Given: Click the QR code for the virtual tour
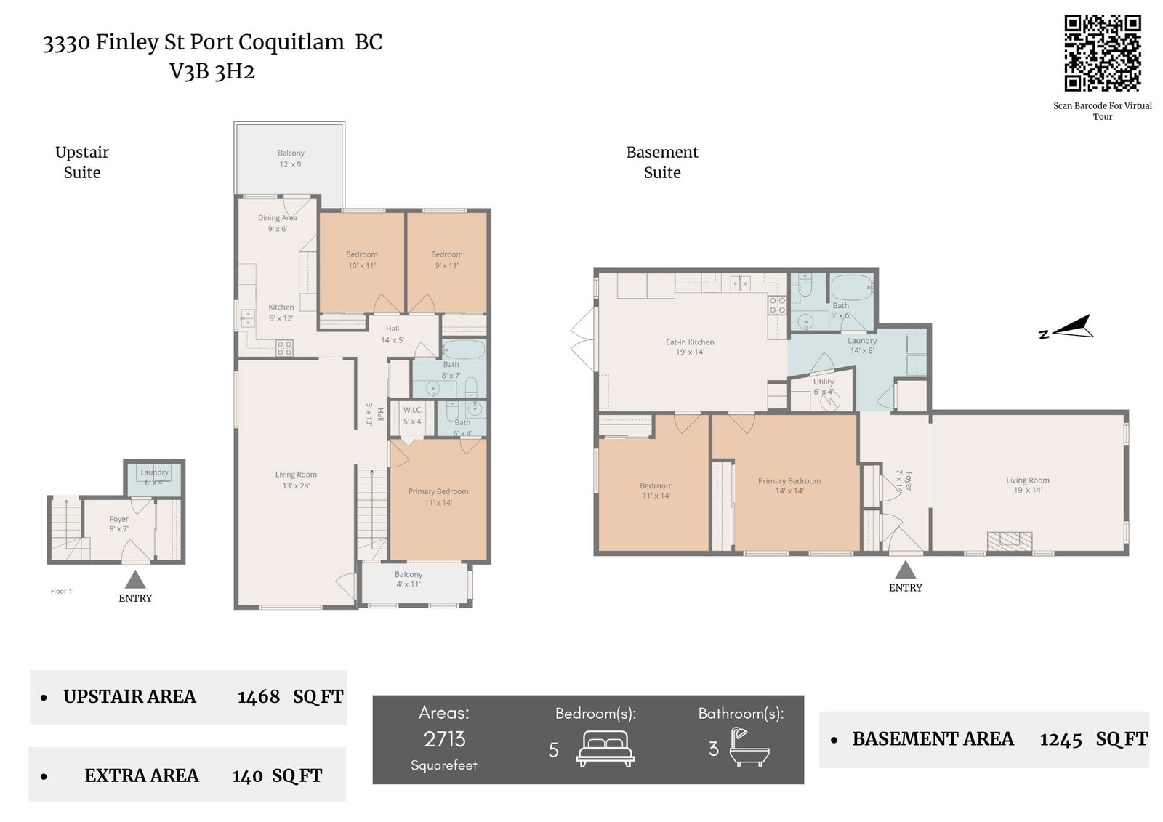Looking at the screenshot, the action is coord(1102,54).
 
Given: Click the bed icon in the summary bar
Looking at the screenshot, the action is coord(605,749).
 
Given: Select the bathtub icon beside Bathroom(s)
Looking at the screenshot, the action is coord(749,746).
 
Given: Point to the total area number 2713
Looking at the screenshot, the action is coord(444,739).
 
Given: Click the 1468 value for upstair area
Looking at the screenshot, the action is coord(259,697).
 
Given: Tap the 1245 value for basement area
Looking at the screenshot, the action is coord(1061,739).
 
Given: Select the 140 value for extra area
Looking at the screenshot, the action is coord(247,776).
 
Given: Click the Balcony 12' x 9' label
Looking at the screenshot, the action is coord(291,158).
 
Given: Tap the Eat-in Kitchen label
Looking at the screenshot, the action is coord(690,347).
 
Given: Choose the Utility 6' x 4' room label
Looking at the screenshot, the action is coord(824,387).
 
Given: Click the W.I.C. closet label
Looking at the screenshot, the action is coord(413,416).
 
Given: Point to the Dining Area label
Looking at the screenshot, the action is coord(277,223).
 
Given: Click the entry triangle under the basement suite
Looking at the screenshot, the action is coord(906,569).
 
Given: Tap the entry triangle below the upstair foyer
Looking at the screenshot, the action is coord(135,579).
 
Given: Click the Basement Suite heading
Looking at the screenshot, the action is coord(662,162).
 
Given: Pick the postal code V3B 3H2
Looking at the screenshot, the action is coord(212,72).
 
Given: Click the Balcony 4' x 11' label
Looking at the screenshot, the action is coord(409,579).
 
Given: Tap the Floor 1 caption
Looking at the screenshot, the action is coord(61,591).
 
